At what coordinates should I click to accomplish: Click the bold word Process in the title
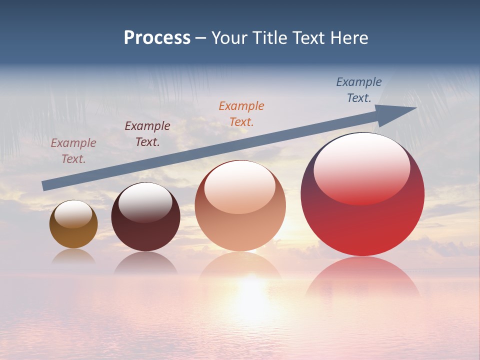click(x=157, y=38)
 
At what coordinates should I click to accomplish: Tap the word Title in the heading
click(x=270, y=38)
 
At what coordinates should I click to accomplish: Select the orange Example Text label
click(x=241, y=113)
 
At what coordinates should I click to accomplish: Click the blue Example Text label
click(x=359, y=90)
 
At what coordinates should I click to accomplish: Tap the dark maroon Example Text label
click(x=147, y=134)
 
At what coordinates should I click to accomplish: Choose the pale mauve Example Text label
click(x=73, y=150)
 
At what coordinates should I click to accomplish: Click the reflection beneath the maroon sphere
click(x=145, y=263)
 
